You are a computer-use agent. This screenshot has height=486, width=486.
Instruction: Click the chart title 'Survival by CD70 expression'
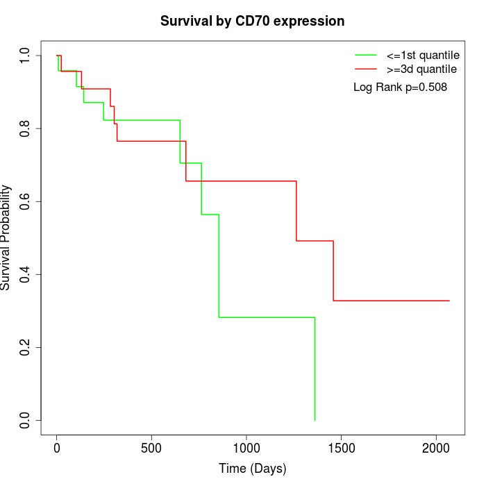click(x=252, y=22)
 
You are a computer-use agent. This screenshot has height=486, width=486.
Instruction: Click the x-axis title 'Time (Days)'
click(x=252, y=469)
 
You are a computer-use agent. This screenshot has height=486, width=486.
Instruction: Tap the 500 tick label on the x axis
click(x=151, y=448)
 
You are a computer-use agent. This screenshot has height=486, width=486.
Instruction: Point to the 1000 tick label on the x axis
click(x=246, y=448)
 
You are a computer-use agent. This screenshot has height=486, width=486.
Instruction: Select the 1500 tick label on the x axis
click(x=341, y=448)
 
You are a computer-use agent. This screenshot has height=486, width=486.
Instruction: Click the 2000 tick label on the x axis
click(x=436, y=448)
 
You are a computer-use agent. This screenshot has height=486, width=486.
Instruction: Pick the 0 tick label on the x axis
click(x=57, y=448)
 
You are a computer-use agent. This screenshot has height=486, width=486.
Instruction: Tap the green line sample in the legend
click(x=365, y=55)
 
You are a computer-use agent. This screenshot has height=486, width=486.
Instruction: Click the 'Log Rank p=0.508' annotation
click(x=400, y=87)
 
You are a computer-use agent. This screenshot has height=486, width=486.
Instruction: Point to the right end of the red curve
click(x=449, y=301)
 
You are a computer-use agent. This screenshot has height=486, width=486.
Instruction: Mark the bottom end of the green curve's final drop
click(x=315, y=420)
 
